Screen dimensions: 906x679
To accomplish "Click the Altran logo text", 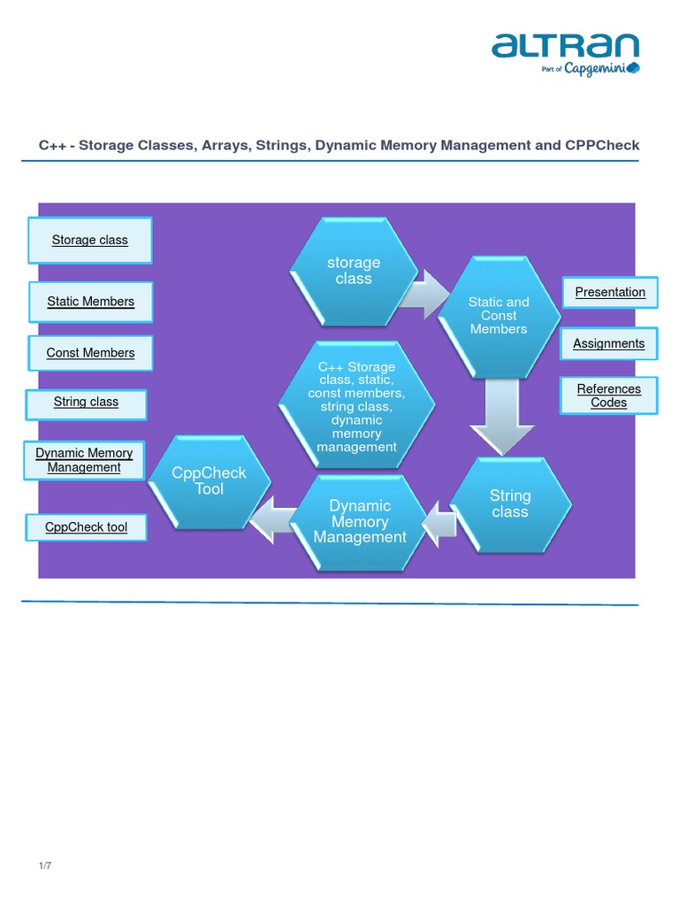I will point(565,46).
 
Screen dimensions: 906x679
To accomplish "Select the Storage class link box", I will point(90,240).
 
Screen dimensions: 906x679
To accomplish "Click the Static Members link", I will point(91,302).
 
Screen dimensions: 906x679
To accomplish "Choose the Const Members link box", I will point(91,353).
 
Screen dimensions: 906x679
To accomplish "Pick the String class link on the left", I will point(86,403).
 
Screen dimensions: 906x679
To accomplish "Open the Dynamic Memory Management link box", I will point(84,460).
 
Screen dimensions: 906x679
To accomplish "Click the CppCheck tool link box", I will point(87,527).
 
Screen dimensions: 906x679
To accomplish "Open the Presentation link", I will point(610,292).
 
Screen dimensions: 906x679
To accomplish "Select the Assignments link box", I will point(609,343).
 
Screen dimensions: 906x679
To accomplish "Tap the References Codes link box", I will point(609,395).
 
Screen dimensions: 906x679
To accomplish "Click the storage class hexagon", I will point(354,271).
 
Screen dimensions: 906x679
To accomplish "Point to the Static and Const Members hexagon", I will point(499,316).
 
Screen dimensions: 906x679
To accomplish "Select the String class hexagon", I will point(510,504).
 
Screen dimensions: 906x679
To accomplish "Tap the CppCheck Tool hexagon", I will point(210,481).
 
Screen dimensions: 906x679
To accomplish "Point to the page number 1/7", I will point(45,865).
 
